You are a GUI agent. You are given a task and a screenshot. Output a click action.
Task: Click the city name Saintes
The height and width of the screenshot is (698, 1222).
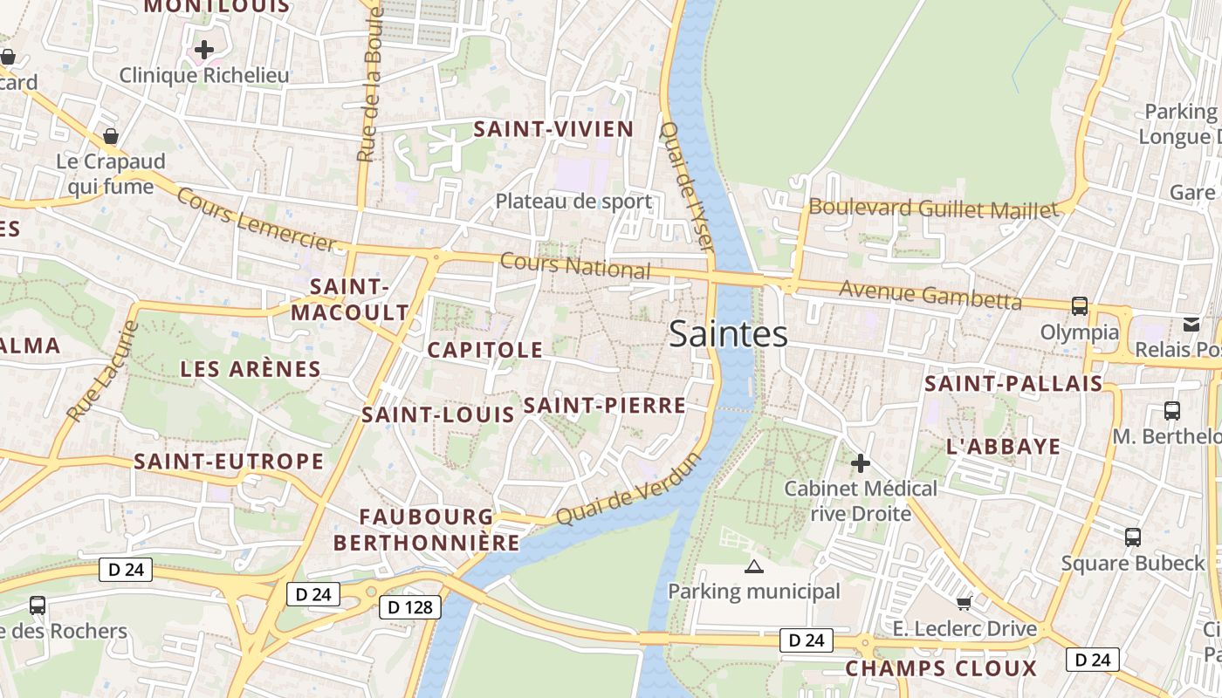click(x=728, y=334)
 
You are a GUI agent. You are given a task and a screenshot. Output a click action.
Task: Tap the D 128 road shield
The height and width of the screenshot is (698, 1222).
click(x=410, y=607)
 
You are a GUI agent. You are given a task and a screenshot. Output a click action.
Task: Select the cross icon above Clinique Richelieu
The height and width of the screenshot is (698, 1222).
click(x=204, y=50)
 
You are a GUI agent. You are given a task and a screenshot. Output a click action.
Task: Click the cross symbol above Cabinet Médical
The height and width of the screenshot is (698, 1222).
click(x=861, y=463)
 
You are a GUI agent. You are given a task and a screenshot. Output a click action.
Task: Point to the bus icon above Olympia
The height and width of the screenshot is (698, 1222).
click(x=1080, y=305)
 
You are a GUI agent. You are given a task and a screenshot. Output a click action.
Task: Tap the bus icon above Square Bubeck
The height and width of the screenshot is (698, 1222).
click(x=1133, y=537)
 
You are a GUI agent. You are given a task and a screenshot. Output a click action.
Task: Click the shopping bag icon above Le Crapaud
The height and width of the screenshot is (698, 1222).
click(x=111, y=136)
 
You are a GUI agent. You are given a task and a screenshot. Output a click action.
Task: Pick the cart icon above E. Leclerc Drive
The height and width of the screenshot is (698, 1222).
click(x=964, y=603)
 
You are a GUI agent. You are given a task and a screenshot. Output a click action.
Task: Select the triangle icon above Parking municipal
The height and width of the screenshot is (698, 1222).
click(x=754, y=567)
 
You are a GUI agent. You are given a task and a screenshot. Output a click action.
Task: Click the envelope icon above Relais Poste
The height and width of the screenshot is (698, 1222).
click(x=1191, y=325)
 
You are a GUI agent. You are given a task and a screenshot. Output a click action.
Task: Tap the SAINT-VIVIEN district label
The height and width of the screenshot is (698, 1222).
click(x=553, y=130)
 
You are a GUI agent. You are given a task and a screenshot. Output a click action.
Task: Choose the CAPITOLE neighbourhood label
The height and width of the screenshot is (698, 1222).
click(x=484, y=350)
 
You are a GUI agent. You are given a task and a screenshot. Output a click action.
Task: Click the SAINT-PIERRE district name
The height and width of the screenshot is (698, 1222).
click(x=604, y=405)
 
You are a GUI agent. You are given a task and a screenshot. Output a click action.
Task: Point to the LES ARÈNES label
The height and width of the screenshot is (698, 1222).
click(x=251, y=369)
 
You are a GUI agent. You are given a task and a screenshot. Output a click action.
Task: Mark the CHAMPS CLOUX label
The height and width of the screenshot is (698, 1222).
click(x=941, y=669)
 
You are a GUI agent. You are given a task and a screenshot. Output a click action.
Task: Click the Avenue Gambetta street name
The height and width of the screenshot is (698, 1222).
click(x=930, y=295)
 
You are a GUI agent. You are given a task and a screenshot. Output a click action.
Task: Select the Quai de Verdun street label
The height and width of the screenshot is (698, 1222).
click(x=628, y=489)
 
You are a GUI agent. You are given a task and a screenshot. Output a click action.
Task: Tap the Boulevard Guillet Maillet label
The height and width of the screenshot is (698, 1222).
click(x=933, y=209)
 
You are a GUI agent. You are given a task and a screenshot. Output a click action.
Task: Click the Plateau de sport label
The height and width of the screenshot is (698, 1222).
click(x=573, y=202)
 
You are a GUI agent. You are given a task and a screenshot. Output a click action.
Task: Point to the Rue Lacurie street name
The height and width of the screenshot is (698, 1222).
click(x=102, y=372)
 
